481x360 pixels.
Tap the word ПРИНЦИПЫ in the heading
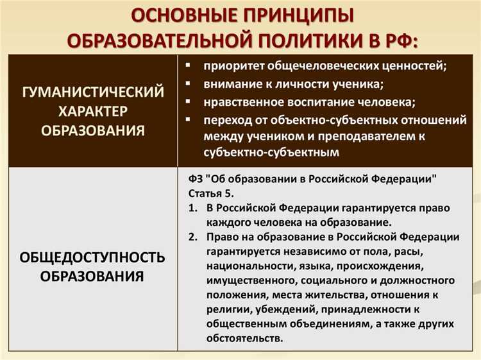click(290, 15)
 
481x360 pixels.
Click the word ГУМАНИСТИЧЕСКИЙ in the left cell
click(93, 92)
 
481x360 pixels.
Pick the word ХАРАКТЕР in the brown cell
click(93, 111)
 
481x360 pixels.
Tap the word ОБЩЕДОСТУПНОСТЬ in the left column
click(93, 257)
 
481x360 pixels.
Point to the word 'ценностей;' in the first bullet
click(415, 66)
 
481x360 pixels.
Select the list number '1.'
click(193, 209)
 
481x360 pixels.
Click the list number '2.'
click(193, 237)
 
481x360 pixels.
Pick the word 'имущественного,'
click(252, 280)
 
